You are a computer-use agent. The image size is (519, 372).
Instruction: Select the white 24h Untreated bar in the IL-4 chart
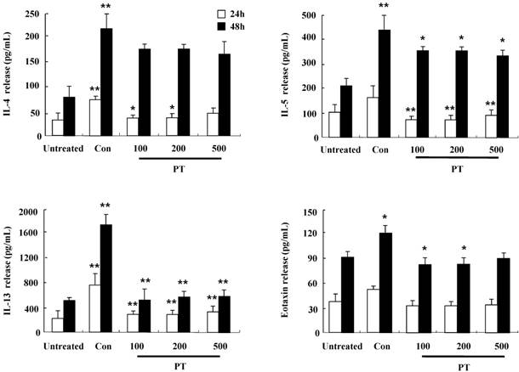point(34,127)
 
